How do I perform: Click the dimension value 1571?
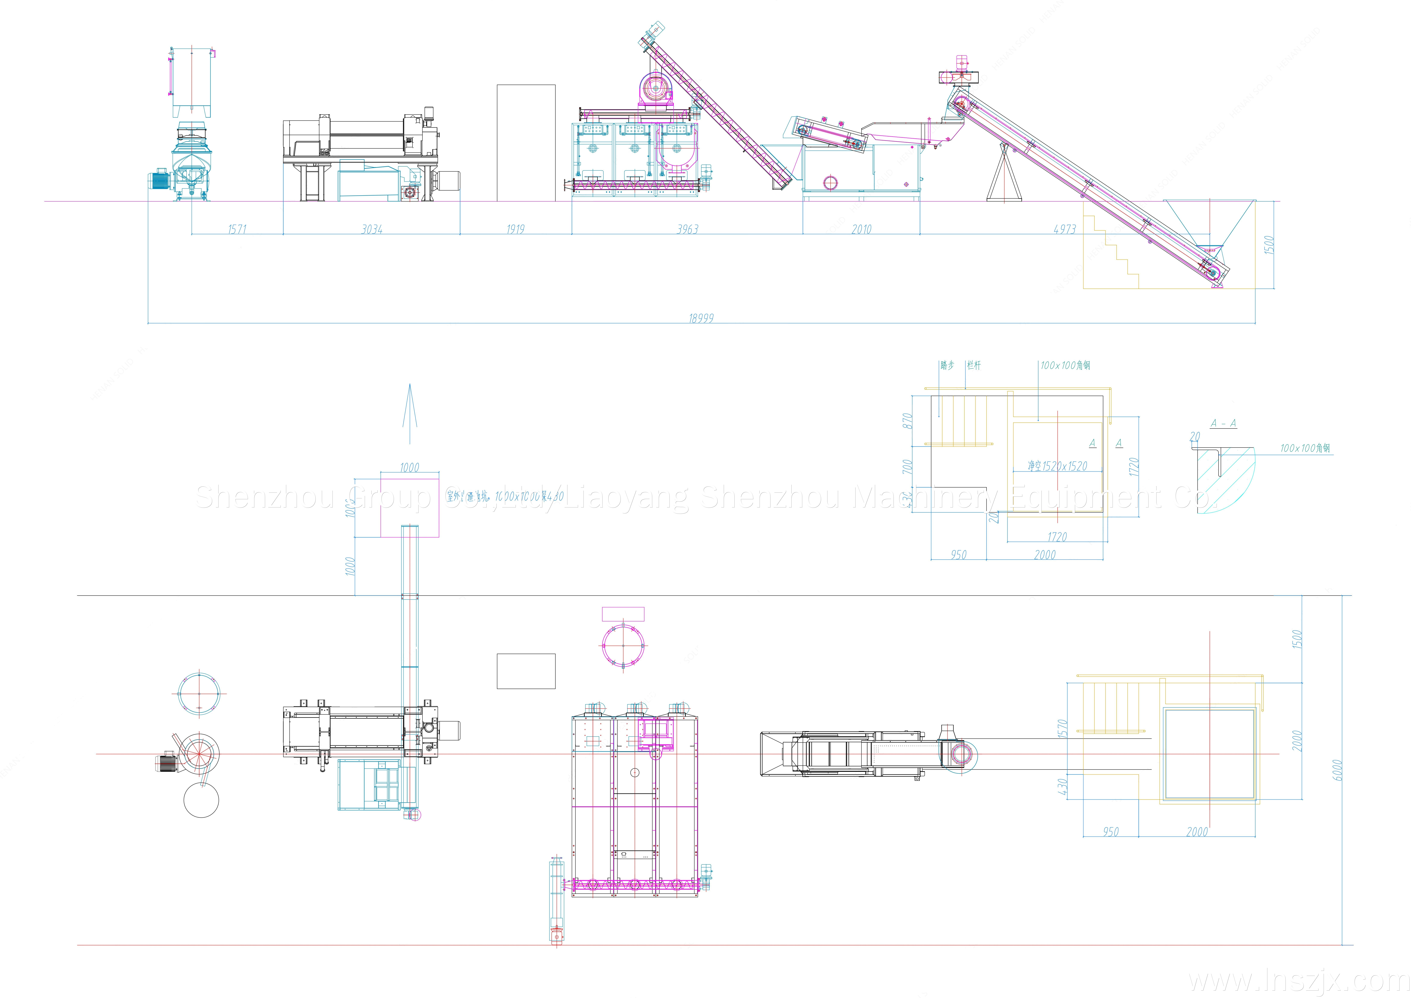[x=237, y=229]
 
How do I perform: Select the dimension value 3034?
[x=372, y=229]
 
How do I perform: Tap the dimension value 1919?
[x=516, y=229]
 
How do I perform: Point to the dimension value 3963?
[x=688, y=229]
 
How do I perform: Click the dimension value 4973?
[x=1065, y=229]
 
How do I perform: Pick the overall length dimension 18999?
[x=701, y=318]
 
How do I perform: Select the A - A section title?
[x=1223, y=423]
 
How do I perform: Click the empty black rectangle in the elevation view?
[x=526, y=143]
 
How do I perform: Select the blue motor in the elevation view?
[x=160, y=180]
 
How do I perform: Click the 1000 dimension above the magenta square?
[x=409, y=468]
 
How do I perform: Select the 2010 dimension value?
[x=861, y=229]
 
